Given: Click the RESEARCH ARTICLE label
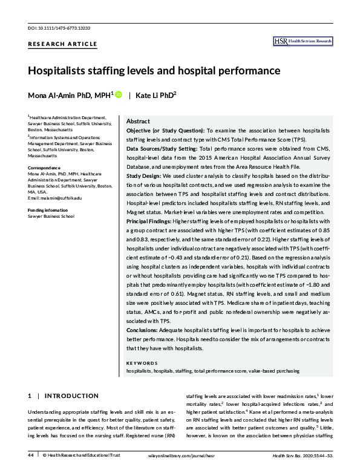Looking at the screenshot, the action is [62, 44].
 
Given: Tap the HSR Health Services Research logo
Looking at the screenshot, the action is [303, 41].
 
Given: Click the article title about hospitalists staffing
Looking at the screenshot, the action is [154, 71].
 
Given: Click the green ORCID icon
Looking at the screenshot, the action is [119, 95].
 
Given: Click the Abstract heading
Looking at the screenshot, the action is [138, 121].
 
